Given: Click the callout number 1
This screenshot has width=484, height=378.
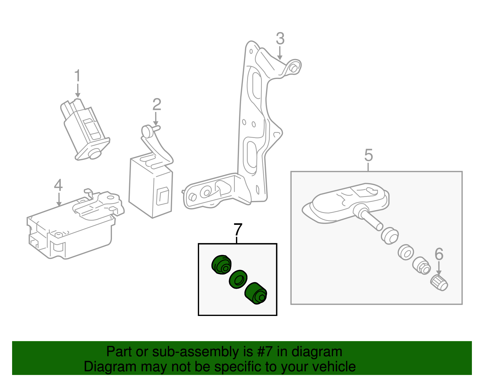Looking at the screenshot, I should point(77,76).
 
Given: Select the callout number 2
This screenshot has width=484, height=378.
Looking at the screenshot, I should point(156,105).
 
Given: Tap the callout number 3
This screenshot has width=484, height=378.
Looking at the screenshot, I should point(280,39).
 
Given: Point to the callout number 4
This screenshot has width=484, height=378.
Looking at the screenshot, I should point(58,185).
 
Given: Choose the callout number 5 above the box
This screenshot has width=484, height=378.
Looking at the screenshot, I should point(368,155).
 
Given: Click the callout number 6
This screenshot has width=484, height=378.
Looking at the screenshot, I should point(439,254).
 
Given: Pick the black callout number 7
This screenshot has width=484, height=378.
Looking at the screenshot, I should point(238,230).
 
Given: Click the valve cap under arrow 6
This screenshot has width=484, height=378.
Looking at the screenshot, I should point(439,283).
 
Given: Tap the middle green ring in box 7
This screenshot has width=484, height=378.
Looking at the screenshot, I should point(238,279).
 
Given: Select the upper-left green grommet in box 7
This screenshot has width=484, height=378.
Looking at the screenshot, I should point(221,264).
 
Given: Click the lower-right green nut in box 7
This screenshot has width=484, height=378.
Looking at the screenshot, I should point(256,294).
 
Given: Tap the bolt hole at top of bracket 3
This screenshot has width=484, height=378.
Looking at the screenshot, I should point(293,68).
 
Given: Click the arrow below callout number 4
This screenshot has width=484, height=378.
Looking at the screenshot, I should point(59,200).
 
